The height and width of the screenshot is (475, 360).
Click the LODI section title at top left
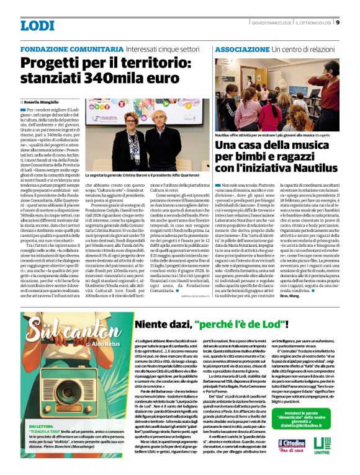(37, 25)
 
